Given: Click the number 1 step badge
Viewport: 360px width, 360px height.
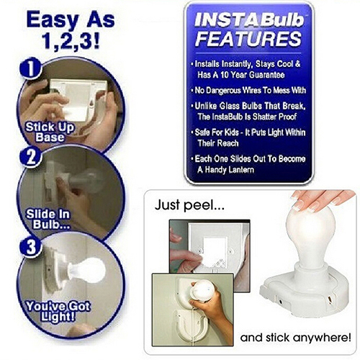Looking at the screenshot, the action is point(30,68).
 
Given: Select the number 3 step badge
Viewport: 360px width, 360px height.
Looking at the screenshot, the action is point(30,246).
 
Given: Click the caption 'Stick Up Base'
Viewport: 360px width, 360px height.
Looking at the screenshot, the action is point(50,132).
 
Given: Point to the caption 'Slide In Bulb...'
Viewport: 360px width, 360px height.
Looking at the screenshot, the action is point(48,219).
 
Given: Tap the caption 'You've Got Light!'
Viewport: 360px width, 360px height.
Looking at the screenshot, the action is point(58,311).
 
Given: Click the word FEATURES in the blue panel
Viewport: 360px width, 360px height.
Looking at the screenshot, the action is point(248,39).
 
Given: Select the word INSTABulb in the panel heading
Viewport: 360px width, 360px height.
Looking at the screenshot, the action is point(249,20).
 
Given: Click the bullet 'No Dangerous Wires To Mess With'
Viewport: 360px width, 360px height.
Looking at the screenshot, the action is point(248,90).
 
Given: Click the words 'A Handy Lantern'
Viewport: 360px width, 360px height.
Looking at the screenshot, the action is point(225,170).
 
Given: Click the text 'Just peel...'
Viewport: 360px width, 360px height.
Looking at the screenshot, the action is point(189,205).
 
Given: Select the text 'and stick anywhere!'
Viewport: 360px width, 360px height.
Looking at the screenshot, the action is point(295,338).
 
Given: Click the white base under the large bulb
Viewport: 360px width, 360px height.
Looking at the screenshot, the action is point(305,294).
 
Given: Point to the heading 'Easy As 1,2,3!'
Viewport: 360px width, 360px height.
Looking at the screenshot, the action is point(71,30).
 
